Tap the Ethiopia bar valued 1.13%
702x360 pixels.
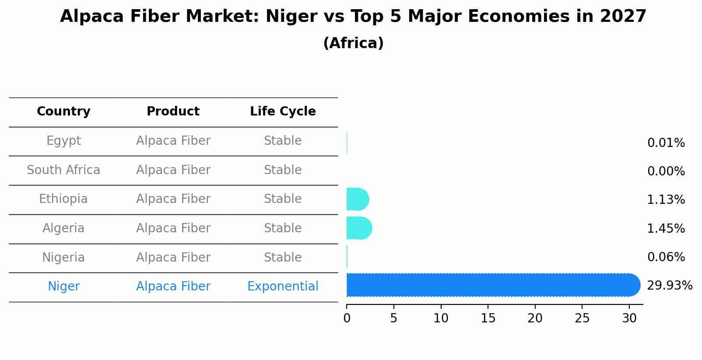[x=357, y=199]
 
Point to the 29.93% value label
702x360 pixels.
[x=669, y=286]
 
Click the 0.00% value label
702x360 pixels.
[x=666, y=171]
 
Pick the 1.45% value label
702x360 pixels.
[x=666, y=229]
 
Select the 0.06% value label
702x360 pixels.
[x=666, y=257]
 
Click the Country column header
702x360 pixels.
[x=63, y=112]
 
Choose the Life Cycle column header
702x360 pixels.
[x=283, y=112]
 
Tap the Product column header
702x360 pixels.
[x=173, y=112]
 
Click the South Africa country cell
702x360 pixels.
[x=63, y=170]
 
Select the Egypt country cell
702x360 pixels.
[x=63, y=141]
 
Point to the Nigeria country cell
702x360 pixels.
[x=63, y=258]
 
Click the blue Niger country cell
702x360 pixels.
[x=63, y=287]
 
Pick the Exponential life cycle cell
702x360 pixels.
[x=283, y=287]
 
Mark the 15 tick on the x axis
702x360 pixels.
[x=488, y=318]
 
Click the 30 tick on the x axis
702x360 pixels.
[x=629, y=318]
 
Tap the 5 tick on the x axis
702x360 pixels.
[x=394, y=318]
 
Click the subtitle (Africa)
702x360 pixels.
[x=353, y=43]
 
